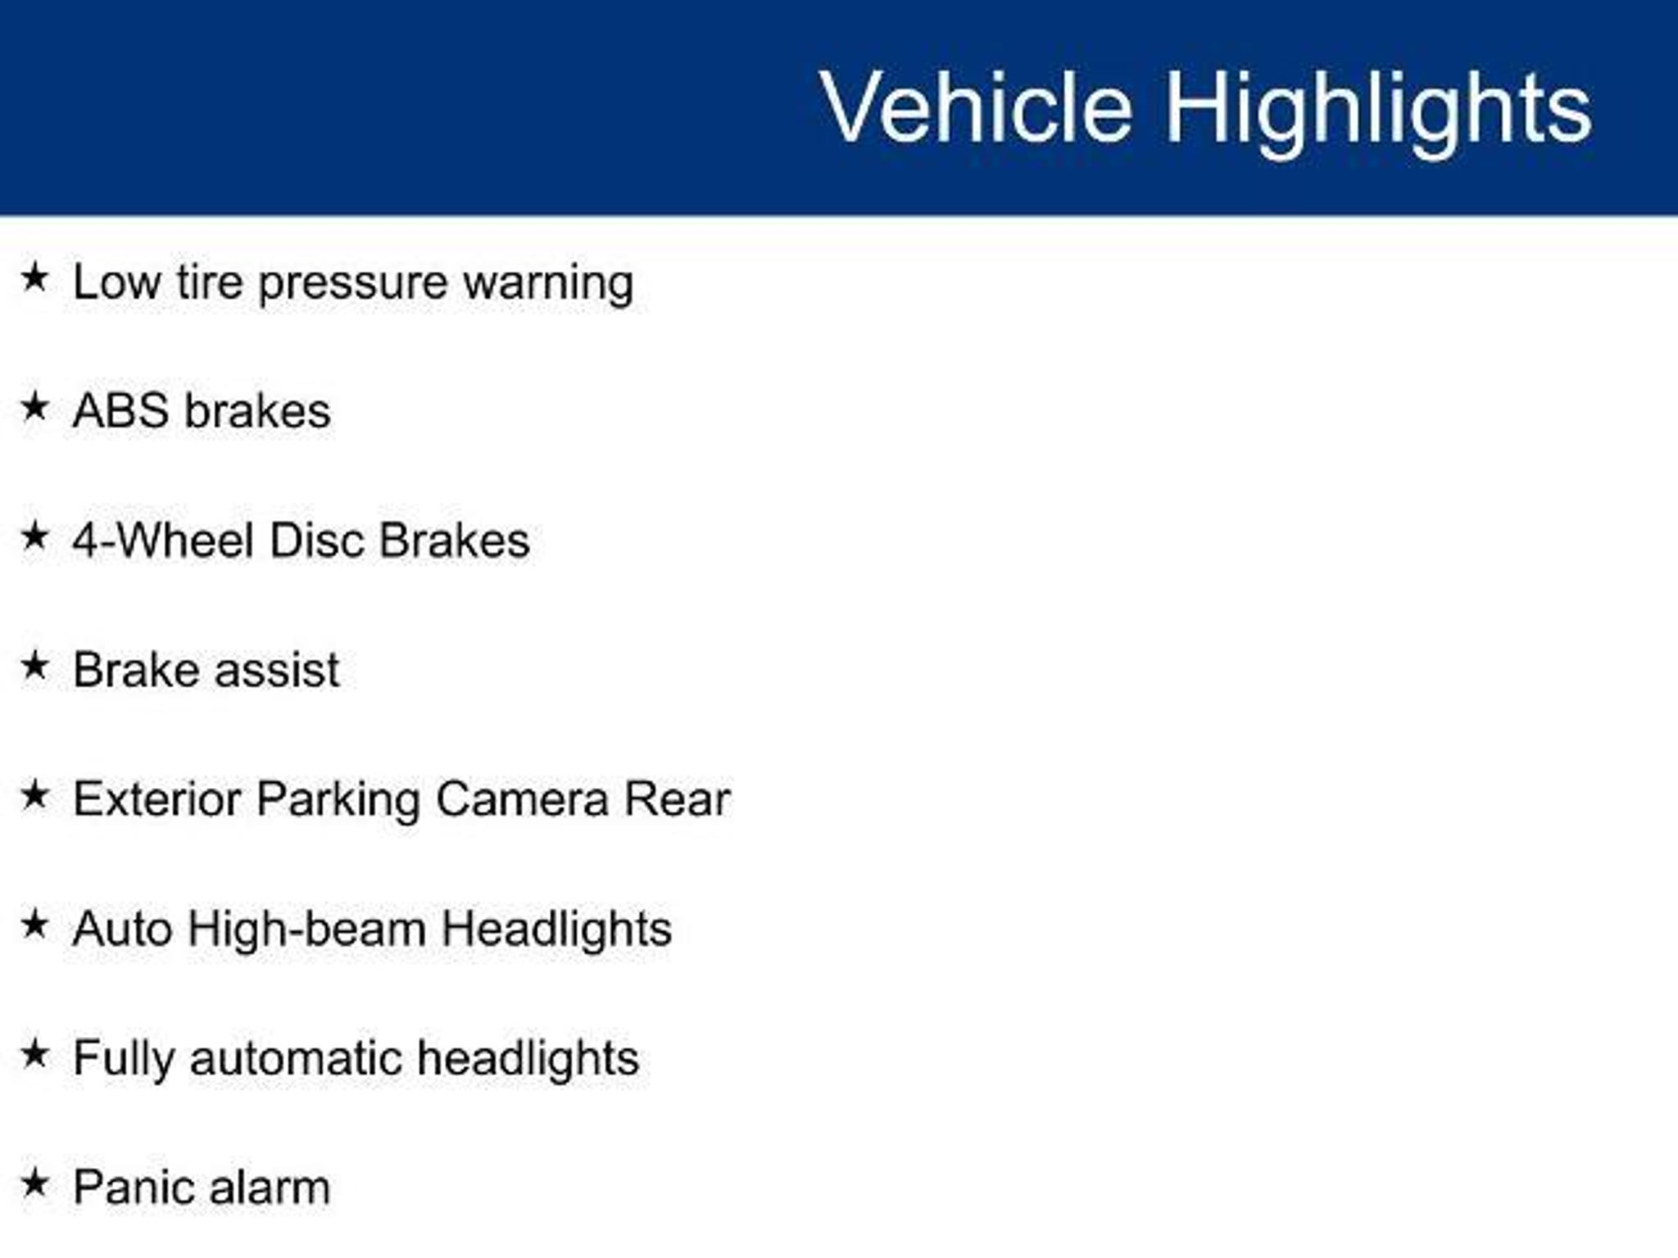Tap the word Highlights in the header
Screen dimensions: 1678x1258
[x=1379, y=112]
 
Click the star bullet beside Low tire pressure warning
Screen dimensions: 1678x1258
[x=34, y=277]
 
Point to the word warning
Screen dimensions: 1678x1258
[x=549, y=285]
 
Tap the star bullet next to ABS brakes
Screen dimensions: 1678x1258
[x=34, y=406]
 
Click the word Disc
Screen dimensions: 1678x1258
[x=318, y=541]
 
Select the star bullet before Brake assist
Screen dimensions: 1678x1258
[x=34, y=665]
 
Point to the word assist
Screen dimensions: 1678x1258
[x=278, y=670]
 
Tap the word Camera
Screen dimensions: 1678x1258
[x=522, y=799]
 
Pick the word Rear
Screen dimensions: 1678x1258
[x=677, y=799]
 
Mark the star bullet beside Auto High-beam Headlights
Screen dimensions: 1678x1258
[x=34, y=925]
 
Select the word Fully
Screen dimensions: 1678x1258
[x=124, y=1060]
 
